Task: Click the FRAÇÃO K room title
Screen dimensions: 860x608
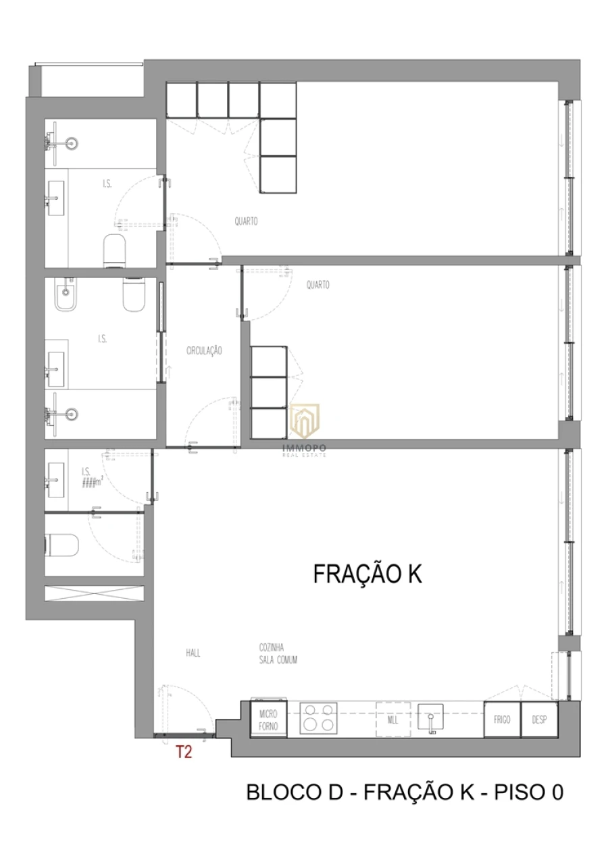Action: (x=368, y=574)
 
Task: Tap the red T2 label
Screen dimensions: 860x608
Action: (x=184, y=752)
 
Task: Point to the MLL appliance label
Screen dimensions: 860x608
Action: (x=392, y=720)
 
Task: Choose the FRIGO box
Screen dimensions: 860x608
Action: (x=502, y=720)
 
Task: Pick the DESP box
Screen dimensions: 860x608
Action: (x=539, y=720)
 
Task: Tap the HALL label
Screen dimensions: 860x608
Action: (x=193, y=653)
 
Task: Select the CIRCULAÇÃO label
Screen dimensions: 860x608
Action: (x=204, y=351)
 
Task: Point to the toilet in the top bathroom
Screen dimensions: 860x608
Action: (x=115, y=249)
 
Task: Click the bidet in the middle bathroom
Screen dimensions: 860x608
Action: (x=66, y=296)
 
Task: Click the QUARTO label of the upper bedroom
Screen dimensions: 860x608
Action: (x=246, y=221)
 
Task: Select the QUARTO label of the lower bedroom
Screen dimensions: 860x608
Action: (x=318, y=285)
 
